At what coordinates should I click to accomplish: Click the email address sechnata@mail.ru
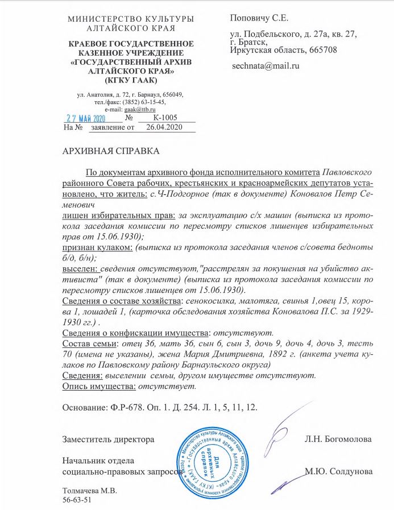(x=265, y=66)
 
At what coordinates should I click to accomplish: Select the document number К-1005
(x=165, y=118)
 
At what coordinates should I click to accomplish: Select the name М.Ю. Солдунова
(x=338, y=471)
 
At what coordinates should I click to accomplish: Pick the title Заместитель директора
(x=108, y=439)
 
